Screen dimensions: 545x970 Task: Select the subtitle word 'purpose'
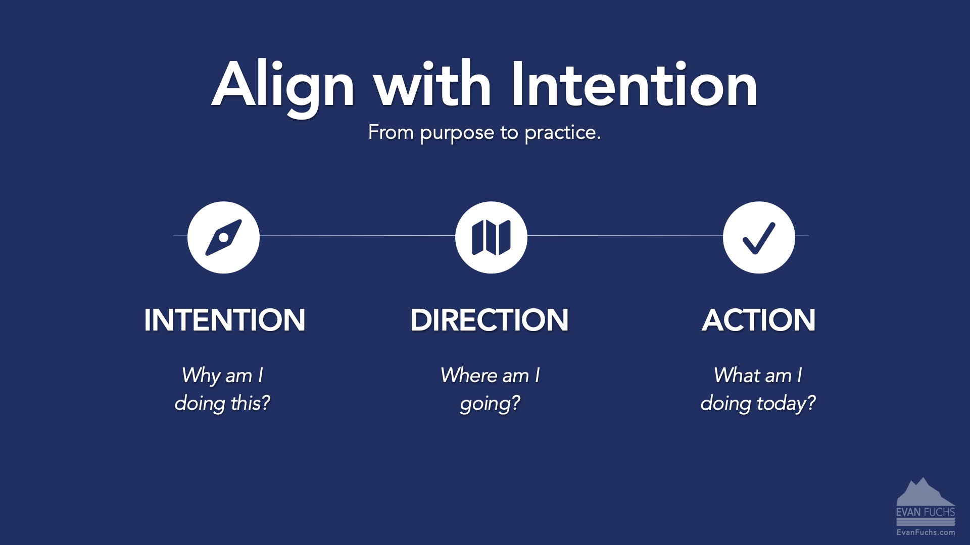457,133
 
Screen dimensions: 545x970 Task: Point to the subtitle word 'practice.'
562,133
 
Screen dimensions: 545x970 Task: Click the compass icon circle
223,237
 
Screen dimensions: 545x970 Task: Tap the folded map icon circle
491,237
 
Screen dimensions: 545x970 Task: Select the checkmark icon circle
759,237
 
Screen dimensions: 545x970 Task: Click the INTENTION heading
224,320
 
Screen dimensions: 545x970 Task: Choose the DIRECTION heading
489,320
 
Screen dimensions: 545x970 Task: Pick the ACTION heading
758,320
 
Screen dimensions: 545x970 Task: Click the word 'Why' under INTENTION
200,376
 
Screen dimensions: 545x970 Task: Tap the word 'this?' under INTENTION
250,403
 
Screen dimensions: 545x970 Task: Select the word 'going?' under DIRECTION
490,404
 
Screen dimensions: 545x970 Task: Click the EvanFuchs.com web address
926,532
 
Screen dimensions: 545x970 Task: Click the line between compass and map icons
357,236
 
